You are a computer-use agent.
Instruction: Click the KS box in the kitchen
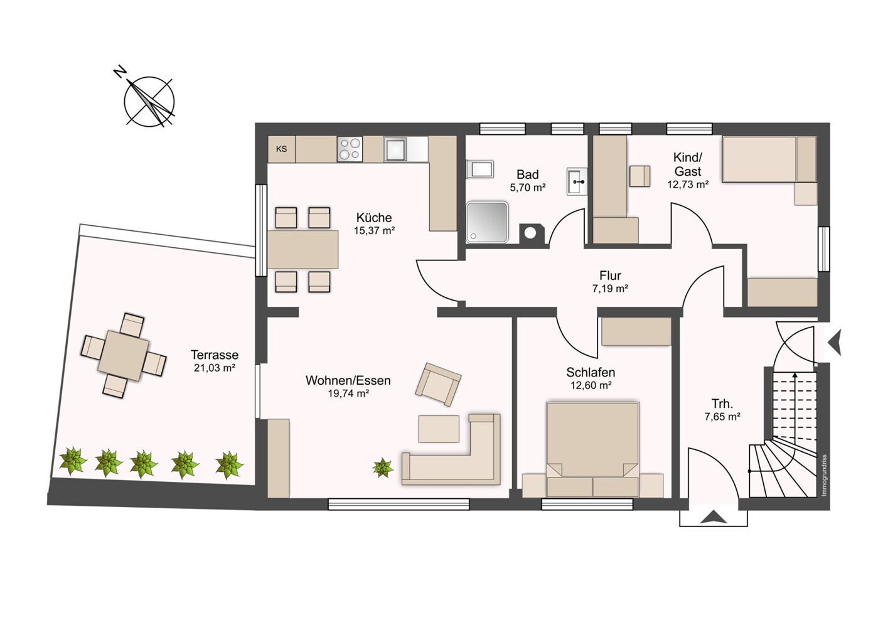[x=281, y=149]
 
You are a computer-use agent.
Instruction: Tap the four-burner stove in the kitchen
[x=350, y=149]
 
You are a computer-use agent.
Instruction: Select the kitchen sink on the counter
[x=395, y=149]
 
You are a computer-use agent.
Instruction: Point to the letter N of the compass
[x=120, y=72]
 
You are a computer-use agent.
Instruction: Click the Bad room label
[x=528, y=174]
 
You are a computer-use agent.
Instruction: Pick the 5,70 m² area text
[x=528, y=188]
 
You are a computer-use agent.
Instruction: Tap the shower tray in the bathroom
[x=487, y=222]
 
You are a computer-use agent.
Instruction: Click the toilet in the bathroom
[x=479, y=169]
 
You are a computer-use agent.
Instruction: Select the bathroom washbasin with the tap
[x=577, y=181]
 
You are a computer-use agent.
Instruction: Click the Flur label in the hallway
[x=610, y=275]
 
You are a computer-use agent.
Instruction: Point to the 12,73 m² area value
[x=688, y=184]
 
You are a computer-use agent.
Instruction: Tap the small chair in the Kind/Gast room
[x=640, y=176]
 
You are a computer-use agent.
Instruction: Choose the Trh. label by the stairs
[x=722, y=404]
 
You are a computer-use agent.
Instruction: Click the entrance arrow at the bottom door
[x=714, y=517]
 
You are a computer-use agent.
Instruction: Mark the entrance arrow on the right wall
[x=834, y=343]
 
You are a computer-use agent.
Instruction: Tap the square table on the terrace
[x=124, y=356]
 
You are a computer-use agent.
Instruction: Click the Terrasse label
[x=215, y=355]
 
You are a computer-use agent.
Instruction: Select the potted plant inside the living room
[x=383, y=468]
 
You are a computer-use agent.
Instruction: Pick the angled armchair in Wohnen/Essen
[x=438, y=384]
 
